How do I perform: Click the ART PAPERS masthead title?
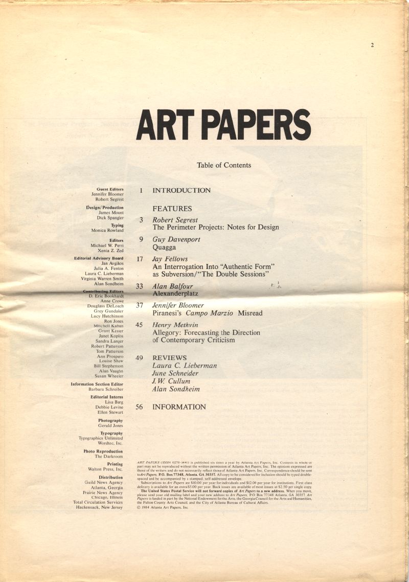point(223,126)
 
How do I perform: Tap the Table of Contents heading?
point(224,165)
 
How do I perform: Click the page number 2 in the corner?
point(372,45)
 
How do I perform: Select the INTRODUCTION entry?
point(181,190)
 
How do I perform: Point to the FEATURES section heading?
point(172,209)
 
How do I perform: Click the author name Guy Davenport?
point(176,239)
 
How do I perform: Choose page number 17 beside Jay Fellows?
point(140,259)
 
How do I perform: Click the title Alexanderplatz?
point(175,294)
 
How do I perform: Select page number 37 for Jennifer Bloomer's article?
point(139,305)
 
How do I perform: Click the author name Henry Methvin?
point(175,325)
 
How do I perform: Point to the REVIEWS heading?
point(170,358)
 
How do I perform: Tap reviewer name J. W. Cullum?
point(171,381)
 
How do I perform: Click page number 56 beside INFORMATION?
point(139,407)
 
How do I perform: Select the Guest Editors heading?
point(110,189)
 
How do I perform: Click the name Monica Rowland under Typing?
point(107,231)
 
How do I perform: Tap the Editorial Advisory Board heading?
point(99,258)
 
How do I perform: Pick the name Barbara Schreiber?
point(106,389)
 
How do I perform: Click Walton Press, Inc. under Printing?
point(105,469)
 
